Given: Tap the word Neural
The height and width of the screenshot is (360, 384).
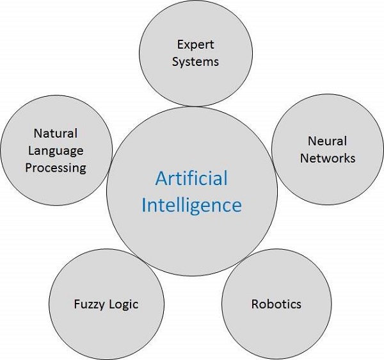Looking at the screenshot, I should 327,141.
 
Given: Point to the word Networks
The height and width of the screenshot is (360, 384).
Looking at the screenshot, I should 327,158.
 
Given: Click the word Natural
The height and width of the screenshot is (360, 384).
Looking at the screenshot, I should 55,134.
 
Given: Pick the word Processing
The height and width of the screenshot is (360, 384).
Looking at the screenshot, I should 55,167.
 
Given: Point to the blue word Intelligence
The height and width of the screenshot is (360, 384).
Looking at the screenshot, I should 191,205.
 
